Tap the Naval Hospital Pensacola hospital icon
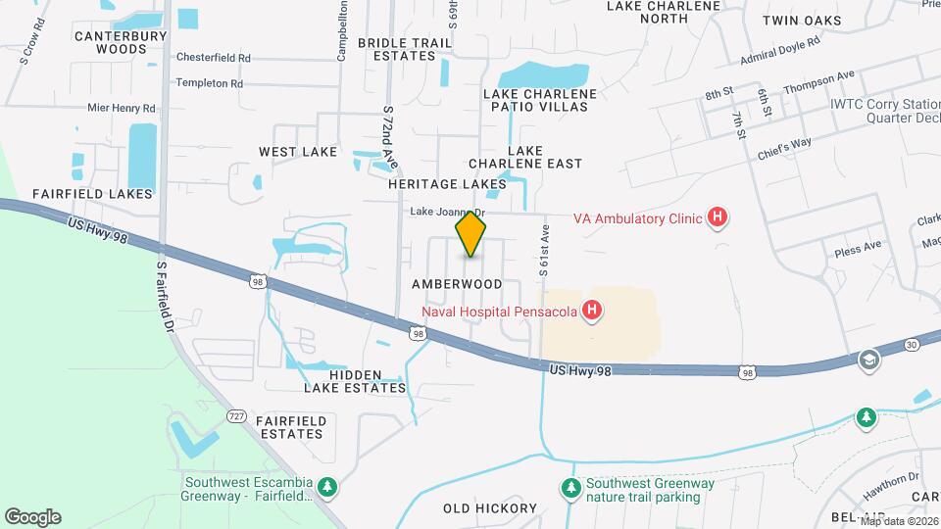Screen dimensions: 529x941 591,313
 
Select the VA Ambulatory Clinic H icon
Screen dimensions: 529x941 718,217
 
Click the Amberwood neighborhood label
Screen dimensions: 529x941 457,284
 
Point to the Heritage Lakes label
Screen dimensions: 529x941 447,183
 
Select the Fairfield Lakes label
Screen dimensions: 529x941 92,194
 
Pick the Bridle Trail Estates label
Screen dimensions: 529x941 405,49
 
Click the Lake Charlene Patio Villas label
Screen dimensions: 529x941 539,100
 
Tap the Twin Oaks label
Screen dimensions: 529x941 805,20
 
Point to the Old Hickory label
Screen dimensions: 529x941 490,508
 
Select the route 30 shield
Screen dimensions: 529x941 912,344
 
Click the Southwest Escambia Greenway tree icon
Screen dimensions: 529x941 330,487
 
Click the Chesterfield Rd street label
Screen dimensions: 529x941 214,58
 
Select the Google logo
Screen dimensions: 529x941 32,516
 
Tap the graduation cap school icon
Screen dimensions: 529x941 867,361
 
